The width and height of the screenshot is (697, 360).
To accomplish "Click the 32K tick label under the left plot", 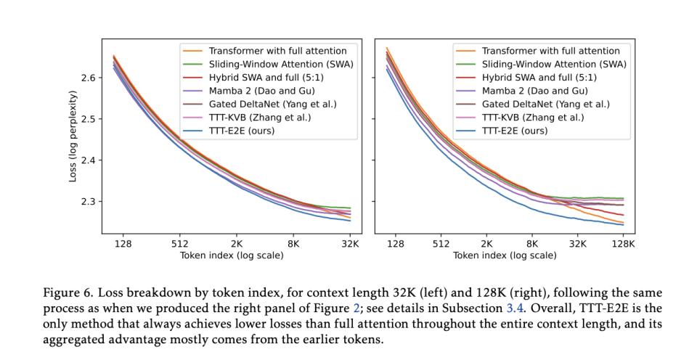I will tap(351, 244).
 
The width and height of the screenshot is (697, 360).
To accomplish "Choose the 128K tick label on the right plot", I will tap(623, 244).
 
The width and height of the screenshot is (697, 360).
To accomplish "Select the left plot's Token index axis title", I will tap(232, 255).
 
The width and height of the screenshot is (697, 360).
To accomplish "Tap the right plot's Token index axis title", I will tap(505, 255).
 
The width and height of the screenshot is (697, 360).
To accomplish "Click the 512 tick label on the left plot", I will tap(180, 244).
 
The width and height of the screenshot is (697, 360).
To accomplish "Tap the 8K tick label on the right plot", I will tap(531, 244).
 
